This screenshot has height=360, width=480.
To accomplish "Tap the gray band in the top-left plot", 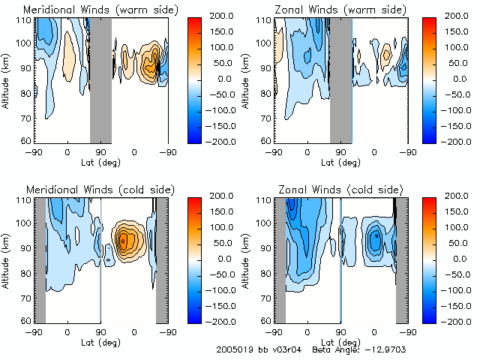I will (100, 79).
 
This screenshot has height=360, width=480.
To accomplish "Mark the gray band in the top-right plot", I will (340, 79).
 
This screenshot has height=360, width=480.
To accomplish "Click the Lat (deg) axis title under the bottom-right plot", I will (340, 341).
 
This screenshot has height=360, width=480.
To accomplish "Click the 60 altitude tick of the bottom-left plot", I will (27, 321).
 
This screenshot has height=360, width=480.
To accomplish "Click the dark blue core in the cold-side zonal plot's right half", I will (377, 237).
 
